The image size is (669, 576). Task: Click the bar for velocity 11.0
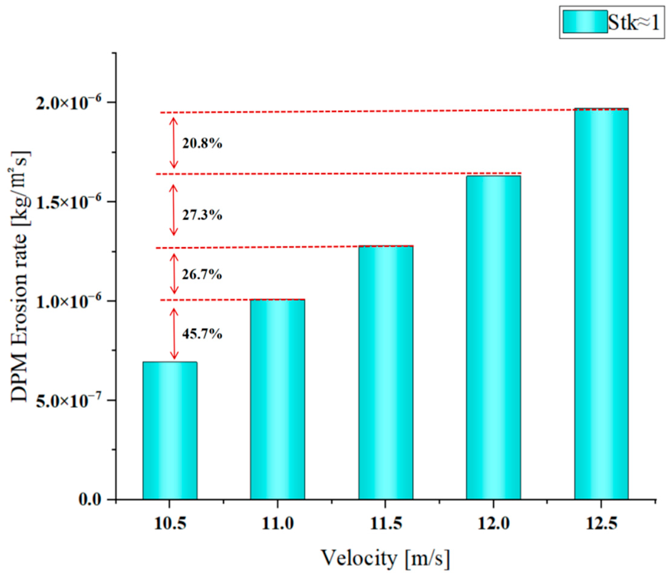tap(277, 399)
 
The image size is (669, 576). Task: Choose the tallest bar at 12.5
tap(601, 304)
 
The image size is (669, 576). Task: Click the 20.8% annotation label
tap(202, 144)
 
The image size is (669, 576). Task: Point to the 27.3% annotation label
tap(202, 215)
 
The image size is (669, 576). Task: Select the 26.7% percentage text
tap(202, 274)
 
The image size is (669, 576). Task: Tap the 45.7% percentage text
tap(202, 334)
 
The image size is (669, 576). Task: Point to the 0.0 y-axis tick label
tap(90, 499)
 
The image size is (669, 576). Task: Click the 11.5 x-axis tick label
tap(386, 523)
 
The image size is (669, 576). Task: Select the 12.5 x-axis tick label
tap(601, 523)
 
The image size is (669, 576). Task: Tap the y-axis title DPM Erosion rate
tap(19, 276)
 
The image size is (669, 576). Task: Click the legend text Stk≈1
tap(633, 22)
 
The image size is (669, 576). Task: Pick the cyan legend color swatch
tap(585, 22)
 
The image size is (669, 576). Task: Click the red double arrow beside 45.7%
tap(173, 333)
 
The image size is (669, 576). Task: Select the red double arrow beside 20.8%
tap(173, 143)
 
